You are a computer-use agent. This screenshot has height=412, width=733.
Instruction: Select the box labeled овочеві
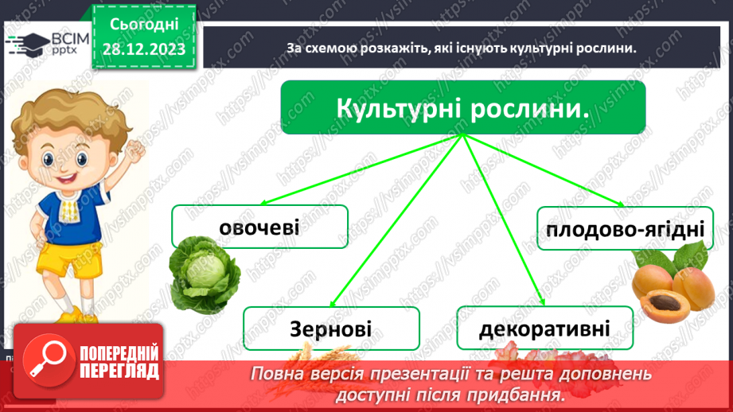point(259,226)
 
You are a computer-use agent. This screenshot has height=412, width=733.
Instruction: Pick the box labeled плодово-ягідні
point(621,228)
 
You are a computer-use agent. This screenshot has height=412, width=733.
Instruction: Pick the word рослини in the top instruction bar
point(609,48)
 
